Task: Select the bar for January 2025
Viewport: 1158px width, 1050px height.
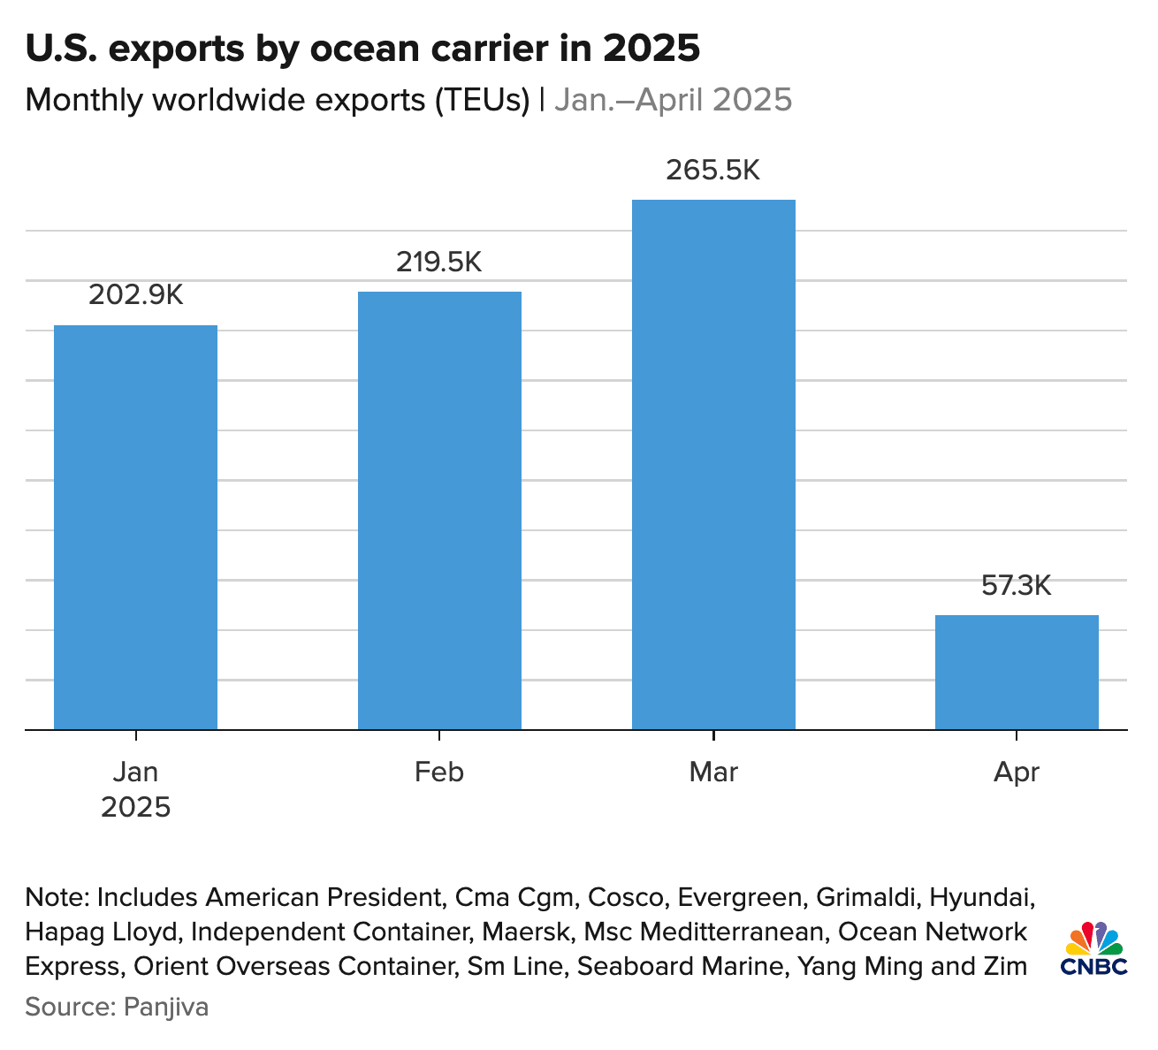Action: point(135,527)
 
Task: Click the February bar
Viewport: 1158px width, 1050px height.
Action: point(439,510)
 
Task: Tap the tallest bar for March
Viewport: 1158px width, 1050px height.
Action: point(713,464)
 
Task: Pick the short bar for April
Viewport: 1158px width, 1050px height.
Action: point(1017,672)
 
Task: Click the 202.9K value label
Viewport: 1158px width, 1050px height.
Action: point(135,295)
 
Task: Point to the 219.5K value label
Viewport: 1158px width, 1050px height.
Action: point(439,262)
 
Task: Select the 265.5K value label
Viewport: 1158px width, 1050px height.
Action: point(713,170)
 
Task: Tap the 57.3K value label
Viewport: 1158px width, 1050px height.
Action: point(1017,585)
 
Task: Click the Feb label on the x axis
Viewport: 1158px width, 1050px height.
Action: point(439,772)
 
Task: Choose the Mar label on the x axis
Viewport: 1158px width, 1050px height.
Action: point(713,772)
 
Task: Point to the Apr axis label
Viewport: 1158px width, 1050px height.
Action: point(1017,772)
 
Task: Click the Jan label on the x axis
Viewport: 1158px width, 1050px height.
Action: point(135,772)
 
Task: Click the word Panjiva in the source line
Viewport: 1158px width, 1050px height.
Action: point(166,1007)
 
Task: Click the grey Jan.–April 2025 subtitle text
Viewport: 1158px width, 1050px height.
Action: point(673,100)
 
